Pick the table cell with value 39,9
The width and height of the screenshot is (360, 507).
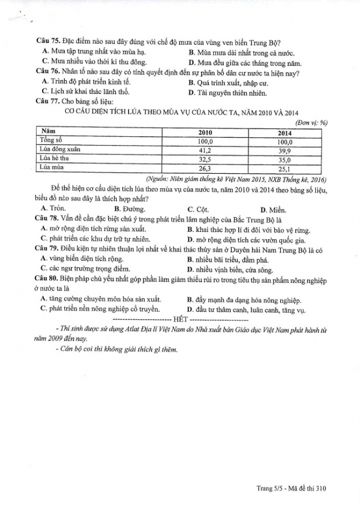pyautogui.click(x=285, y=150)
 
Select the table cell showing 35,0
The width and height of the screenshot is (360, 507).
pyautogui.click(x=285, y=159)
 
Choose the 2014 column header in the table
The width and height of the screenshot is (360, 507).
pyautogui.click(x=285, y=133)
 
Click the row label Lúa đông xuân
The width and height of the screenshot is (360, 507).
pyautogui.click(x=59, y=149)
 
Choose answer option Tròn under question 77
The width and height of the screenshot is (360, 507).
pyautogui.click(x=54, y=209)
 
